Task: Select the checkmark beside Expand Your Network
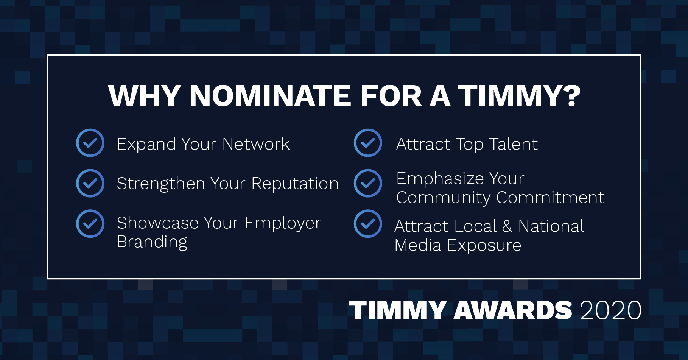[x=90, y=143]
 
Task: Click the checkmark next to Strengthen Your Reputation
[x=90, y=183]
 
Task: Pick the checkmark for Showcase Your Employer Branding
[x=90, y=224]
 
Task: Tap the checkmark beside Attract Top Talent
[x=368, y=143]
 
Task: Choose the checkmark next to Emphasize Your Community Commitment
[x=368, y=183]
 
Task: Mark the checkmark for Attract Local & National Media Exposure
[x=368, y=224]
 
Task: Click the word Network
[x=256, y=144]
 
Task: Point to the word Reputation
[x=295, y=184]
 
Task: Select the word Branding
[x=152, y=242]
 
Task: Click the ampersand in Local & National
[x=507, y=226]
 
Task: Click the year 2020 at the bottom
[x=610, y=310]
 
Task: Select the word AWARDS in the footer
[x=513, y=310]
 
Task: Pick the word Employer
[x=283, y=223]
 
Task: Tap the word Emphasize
[x=441, y=179]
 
